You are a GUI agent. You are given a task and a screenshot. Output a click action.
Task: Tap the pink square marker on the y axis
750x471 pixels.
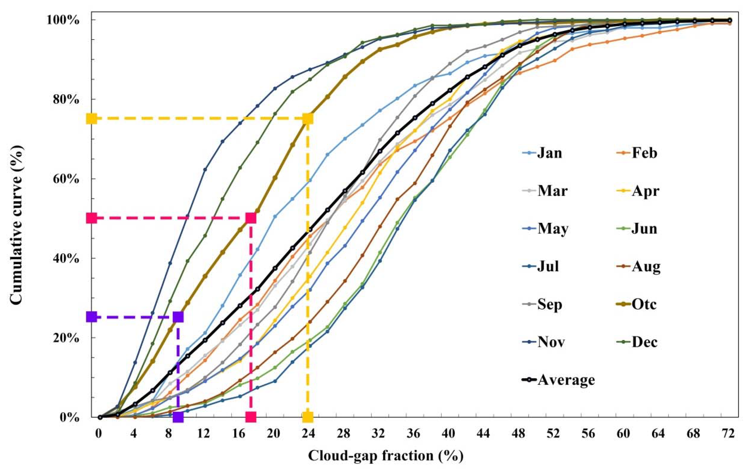point(92,218)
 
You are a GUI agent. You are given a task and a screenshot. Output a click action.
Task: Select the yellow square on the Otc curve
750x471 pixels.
point(308,118)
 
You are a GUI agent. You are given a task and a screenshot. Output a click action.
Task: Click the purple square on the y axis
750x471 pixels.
point(92,317)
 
